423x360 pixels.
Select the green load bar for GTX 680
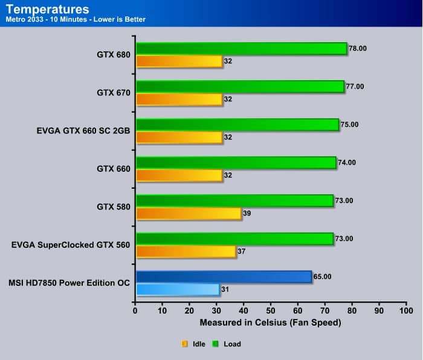click(x=242, y=49)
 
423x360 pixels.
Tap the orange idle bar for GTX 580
click(x=189, y=213)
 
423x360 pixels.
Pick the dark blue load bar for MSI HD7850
click(x=224, y=277)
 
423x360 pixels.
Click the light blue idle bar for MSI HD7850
click(x=178, y=289)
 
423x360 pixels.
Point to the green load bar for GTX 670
click(x=240, y=87)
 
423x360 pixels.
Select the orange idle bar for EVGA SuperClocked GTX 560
click(x=186, y=251)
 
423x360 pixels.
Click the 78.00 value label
click(x=358, y=48)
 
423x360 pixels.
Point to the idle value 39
click(x=247, y=213)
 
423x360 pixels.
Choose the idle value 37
click(x=242, y=251)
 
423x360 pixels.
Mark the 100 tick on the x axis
click(x=405, y=311)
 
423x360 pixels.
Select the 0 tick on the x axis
click(x=135, y=311)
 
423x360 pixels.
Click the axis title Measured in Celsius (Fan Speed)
click(x=270, y=323)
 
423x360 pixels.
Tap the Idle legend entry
click(x=195, y=344)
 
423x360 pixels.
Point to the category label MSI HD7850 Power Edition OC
click(x=69, y=283)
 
